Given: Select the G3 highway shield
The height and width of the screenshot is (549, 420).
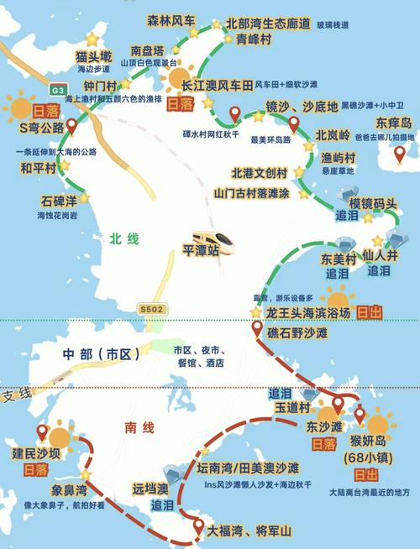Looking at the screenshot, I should tap(57, 90).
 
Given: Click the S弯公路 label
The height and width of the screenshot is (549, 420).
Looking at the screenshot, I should tap(40, 128).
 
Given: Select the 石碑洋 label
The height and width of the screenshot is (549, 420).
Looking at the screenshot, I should tap(59, 201).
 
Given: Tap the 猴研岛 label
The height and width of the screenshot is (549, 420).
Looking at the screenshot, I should tap(375, 442).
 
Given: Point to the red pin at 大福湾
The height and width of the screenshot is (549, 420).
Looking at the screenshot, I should tap(198, 527).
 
